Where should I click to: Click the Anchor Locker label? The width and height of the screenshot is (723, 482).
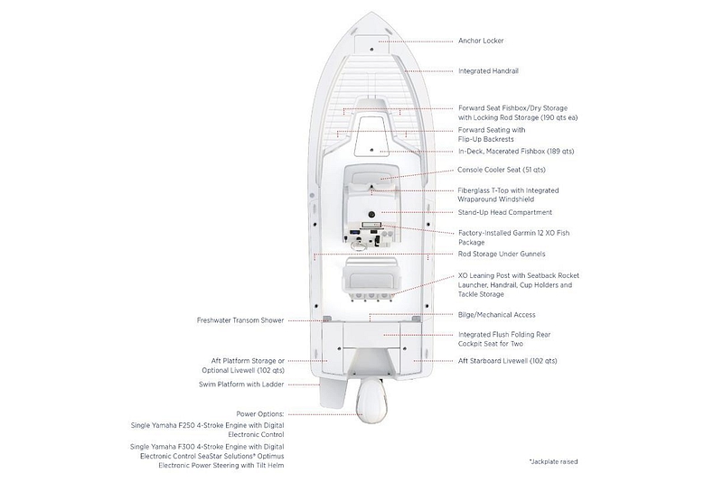click(481, 41)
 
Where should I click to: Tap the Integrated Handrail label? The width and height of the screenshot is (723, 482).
click(488, 71)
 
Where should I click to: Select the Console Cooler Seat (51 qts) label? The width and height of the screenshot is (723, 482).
click(502, 170)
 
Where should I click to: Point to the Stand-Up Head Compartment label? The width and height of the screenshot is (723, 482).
click(505, 212)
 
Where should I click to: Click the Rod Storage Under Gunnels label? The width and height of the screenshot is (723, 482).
click(502, 254)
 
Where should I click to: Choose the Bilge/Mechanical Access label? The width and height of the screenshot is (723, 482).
click(496, 315)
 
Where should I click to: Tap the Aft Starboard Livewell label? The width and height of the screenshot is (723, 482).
click(508, 361)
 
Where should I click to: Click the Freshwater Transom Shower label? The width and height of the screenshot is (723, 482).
click(240, 320)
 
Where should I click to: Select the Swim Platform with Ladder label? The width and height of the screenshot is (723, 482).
click(241, 385)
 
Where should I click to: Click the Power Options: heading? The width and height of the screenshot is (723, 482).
click(260, 414)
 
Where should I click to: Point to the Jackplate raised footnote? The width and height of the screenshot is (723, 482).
click(553, 461)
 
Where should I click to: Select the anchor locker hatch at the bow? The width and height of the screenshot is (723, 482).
click(371, 42)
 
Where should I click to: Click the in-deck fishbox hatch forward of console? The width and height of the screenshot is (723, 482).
click(371, 137)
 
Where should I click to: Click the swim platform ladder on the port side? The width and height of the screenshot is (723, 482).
click(332, 394)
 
